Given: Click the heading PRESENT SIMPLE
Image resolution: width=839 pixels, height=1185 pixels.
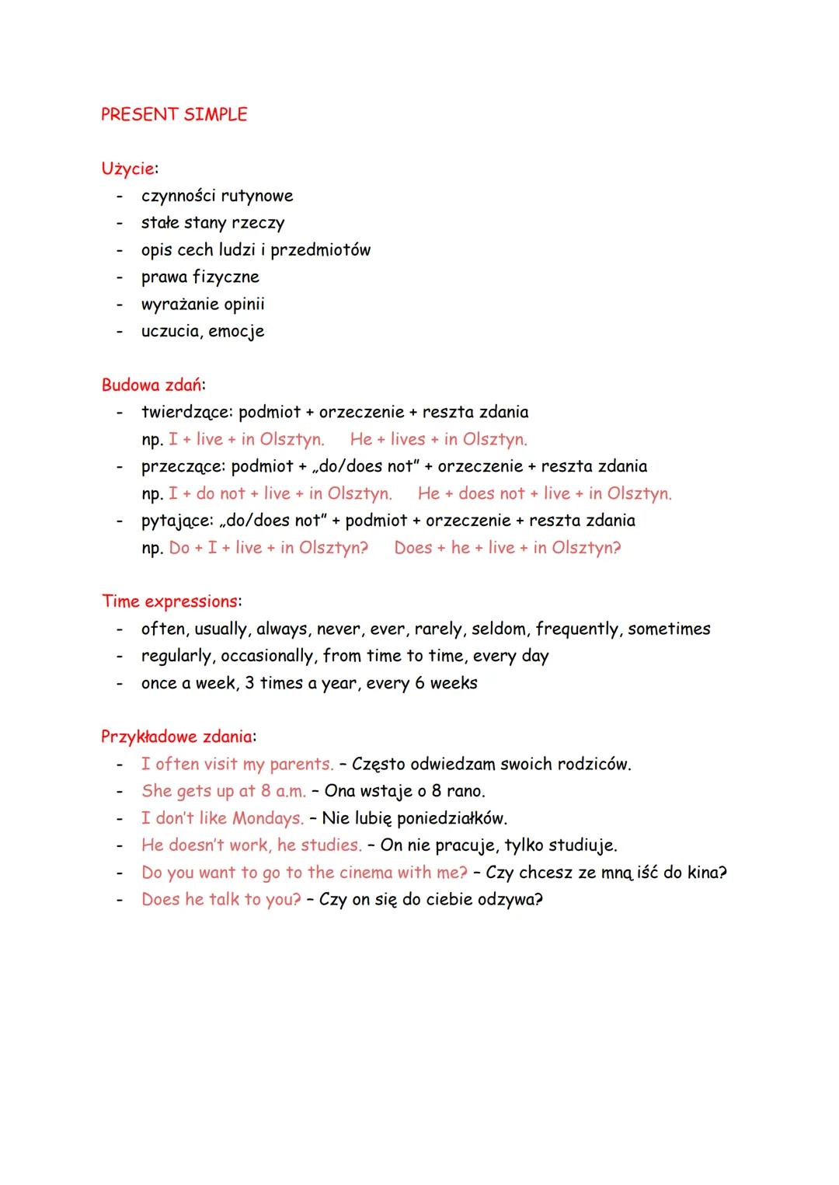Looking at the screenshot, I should tap(174, 114).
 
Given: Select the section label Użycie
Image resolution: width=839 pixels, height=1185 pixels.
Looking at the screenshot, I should tap(127, 169).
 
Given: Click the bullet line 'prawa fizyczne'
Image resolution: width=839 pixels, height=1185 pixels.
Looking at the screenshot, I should tap(200, 277).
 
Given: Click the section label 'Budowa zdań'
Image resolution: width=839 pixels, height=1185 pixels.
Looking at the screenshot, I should tap(152, 385).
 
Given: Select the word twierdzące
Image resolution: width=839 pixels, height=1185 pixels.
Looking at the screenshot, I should tap(186, 413).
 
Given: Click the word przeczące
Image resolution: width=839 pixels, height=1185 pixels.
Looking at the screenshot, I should tap(183, 467).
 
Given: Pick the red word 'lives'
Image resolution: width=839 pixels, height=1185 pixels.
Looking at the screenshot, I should tap(408, 439).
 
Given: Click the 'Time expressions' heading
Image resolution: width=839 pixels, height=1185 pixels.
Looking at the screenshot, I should tap(169, 601).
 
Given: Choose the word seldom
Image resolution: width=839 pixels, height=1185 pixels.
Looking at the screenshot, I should tap(499, 629).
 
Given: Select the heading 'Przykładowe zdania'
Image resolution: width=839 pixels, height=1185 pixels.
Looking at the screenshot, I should tap(177, 736).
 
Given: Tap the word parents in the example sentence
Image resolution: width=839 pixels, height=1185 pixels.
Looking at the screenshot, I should tap(301, 765).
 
